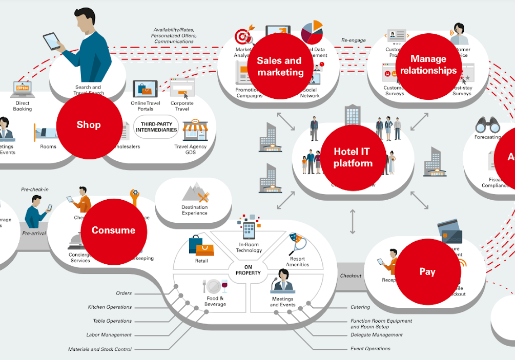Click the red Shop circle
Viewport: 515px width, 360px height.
89,124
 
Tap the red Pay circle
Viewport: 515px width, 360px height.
427,272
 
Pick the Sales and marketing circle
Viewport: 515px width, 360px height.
280,67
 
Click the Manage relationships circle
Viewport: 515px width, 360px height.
428,65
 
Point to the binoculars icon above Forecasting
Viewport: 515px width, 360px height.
487,125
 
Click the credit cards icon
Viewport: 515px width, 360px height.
450,232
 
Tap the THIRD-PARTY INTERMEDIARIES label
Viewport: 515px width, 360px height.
156,126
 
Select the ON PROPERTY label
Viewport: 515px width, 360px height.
248,270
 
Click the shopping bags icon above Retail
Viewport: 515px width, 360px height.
200,246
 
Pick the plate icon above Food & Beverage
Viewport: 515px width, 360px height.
215,286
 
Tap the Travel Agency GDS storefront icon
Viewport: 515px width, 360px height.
195,131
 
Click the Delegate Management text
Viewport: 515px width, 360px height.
377,335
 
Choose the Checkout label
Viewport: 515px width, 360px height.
351,276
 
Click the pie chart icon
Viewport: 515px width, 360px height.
312,32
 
